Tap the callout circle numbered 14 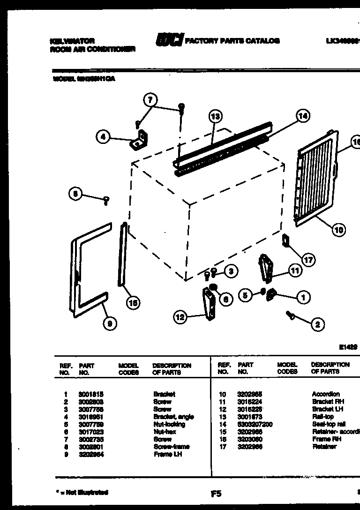303,116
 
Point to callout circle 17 308,259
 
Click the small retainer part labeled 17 285,240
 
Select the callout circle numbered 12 180,317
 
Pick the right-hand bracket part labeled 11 266,268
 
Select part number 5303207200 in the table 255,424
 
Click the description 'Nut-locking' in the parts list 169,424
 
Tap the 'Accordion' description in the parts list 326,394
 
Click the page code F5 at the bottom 216,493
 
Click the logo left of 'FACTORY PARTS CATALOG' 169,41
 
